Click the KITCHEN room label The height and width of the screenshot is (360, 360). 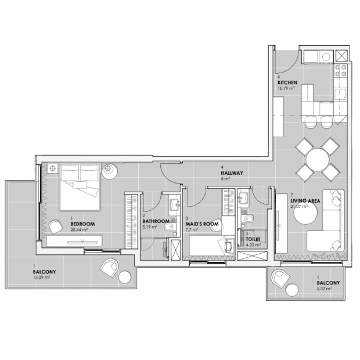pos(287,82)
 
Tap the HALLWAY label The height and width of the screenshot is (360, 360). pos(232,173)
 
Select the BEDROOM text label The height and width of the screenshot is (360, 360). pos(82,224)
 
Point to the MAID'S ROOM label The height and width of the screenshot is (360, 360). pos(202,224)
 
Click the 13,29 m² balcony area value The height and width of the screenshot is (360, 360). pos(42,278)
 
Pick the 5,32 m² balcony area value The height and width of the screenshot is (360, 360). pos(324,289)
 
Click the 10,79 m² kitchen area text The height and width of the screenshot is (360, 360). pos(286,88)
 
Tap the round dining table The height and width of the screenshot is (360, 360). pos(317,160)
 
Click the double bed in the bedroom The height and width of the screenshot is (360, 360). pos(80,187)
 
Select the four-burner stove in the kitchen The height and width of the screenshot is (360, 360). pos(340,70)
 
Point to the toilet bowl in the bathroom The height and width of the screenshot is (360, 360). pos(170,227)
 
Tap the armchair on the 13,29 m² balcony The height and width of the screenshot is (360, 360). pos(110,268)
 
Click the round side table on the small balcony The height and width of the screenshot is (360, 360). pos(292,290)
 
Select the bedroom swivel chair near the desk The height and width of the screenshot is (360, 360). pos(56,226)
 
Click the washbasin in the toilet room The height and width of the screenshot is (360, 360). pos(243,197)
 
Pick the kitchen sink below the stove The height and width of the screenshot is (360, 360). pos(340,95)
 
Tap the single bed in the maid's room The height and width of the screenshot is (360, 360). pos(212,246)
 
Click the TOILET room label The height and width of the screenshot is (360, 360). pos(253,239)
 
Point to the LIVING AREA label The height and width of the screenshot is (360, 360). pos(305,201)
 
